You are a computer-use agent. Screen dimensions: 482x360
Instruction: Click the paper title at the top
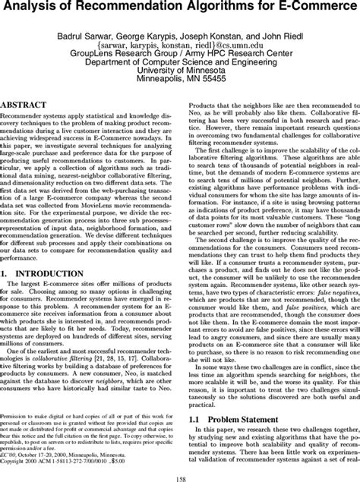tap(180, 9)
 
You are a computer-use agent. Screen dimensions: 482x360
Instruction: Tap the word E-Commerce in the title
tap(319, 9)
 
